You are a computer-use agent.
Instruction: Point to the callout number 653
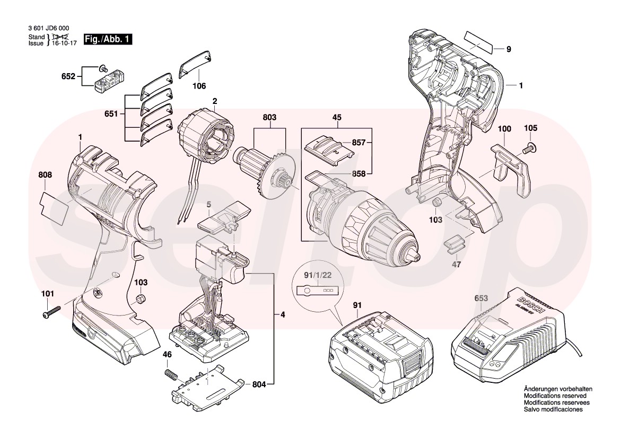[x=481, y=299]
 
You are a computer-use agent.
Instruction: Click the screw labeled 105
[x=528, y=150]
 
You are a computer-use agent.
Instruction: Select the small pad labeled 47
[x=454, y=243]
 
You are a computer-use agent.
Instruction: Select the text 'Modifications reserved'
[x=554, y=396]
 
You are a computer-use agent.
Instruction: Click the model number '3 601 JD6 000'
[x=49, y=29]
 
